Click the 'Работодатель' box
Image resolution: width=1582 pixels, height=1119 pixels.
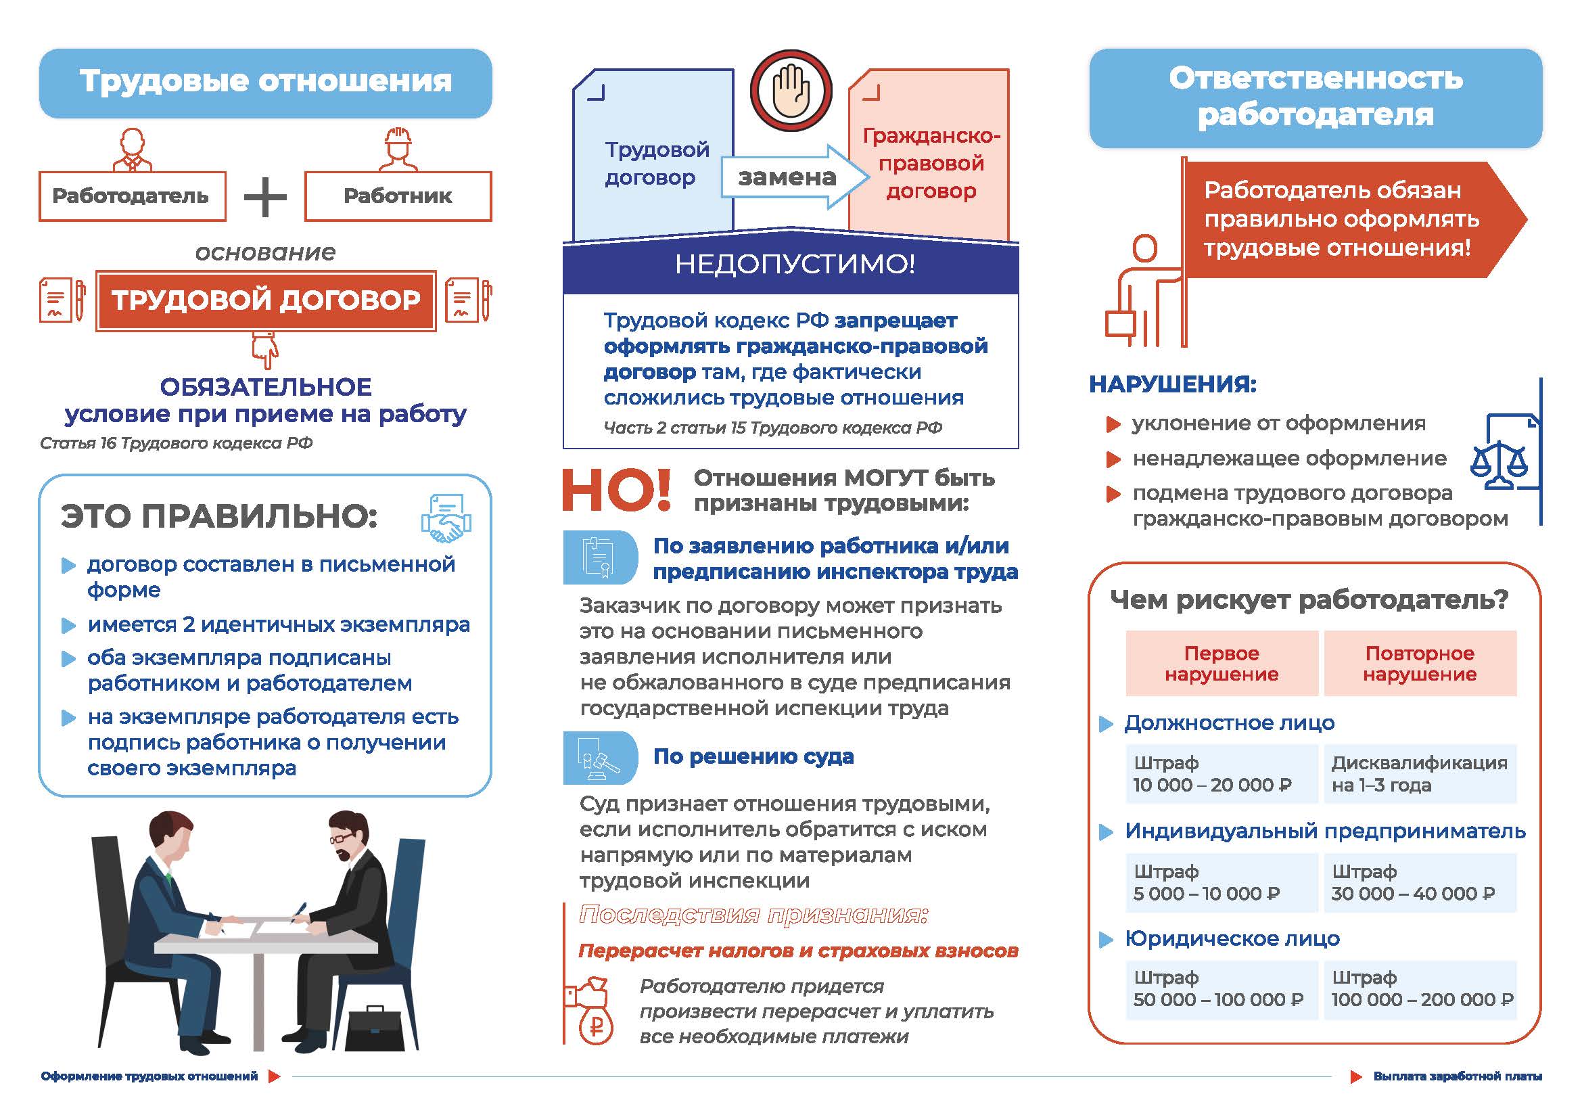pyautogui.click(x=132, y=196)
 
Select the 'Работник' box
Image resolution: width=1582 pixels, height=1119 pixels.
pyautogui.click(x=398, y=196)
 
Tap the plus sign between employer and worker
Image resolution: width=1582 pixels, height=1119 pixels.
pyautogui.click(x=265, y=197)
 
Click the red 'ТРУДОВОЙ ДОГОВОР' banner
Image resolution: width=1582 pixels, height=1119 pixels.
pyautogui.click(x=266, y=300)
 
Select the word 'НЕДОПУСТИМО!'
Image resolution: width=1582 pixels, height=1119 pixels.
pyautogui.click(x=795, y=264)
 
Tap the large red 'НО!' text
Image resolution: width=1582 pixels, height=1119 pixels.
pyautogui.click(x=616, y=490)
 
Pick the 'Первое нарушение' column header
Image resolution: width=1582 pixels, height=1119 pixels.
pyautogui.click(x=1221, y=663)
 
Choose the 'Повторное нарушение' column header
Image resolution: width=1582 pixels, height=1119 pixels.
pyautogui.click(x=1420, y=663)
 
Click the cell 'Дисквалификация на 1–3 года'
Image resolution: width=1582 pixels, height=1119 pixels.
pyautogui.click(x=1420, y=774)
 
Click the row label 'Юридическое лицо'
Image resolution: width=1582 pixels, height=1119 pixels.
pyautogui.click(x=1232, y=938)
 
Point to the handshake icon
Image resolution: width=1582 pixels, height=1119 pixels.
pyautogui.click(x=446, y=518)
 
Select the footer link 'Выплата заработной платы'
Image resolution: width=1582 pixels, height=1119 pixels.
pyautogui.click(x=1457, y=1076)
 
